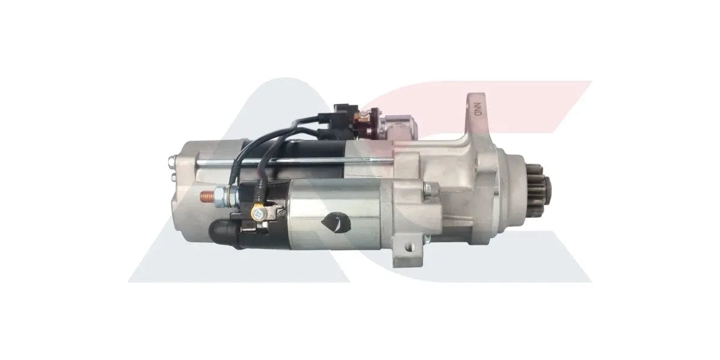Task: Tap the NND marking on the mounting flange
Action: (x=478, y=110)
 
